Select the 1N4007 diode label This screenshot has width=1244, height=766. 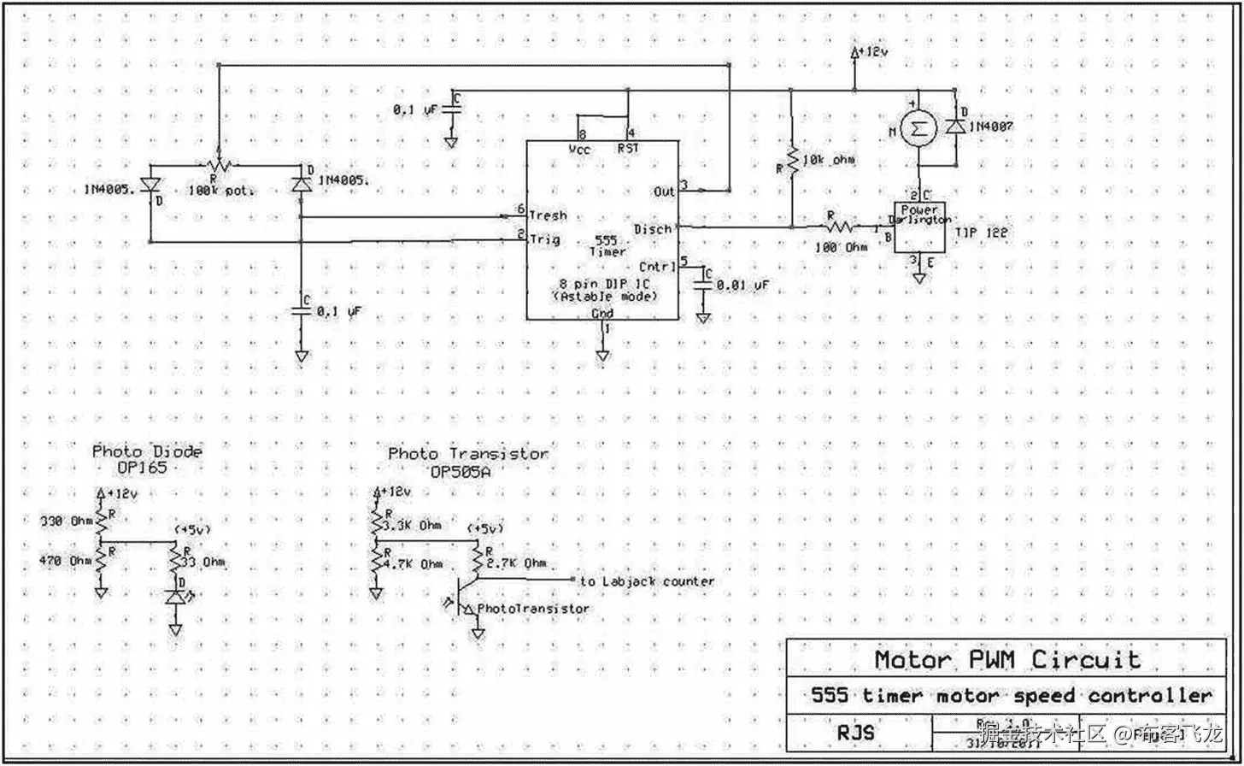pos(992,126)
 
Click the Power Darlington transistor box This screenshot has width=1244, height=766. pos(919,227)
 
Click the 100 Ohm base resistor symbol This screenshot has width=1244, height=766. pos(838,227)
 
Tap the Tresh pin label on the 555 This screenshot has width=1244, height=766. pos(548,215)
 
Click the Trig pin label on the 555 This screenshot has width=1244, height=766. pos(544,240)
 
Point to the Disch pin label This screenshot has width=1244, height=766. pos(654,229)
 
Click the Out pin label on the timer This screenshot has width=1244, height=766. pos(664,191)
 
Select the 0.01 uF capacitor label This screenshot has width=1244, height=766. pos(742,285)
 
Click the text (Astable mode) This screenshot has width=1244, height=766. pos(605,296)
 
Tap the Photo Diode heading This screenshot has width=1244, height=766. pos(148,451)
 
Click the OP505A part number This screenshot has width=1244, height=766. pos(467,470)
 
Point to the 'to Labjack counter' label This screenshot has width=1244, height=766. pos(647,581)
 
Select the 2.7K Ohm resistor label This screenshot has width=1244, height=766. pos(516,563)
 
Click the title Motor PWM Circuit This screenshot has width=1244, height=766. pos(1006,660)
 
